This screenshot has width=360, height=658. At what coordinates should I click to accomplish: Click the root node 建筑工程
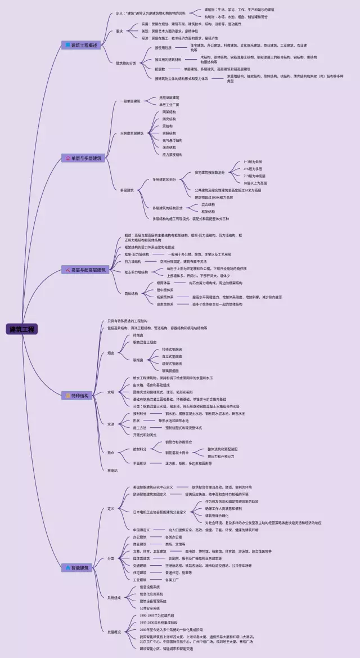pos(22,329)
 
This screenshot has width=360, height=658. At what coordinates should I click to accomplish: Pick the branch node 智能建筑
pos(79,568)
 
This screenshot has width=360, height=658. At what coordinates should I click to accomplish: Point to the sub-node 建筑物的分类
pos(126,63)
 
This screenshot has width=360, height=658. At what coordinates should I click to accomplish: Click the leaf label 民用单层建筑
pos(169,98)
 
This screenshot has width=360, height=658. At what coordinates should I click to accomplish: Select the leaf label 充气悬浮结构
pos(172,140)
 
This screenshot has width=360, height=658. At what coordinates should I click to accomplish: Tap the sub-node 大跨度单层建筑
pos(132,133)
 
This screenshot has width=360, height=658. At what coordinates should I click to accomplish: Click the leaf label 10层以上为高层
pos(255,183)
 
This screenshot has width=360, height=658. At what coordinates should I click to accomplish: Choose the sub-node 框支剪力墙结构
pos(136,272)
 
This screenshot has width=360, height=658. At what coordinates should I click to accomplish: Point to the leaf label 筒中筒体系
pos(164,290)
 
